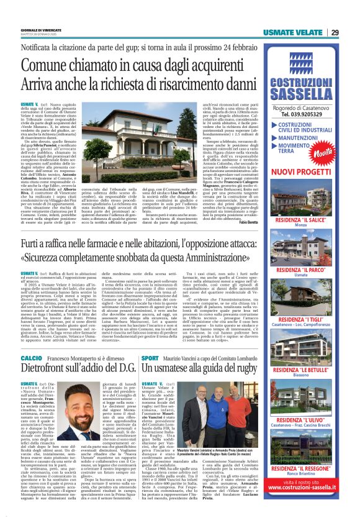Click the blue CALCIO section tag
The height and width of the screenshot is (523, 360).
pos(31,359)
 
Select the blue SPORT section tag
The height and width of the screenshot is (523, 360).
pos(150,359)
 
